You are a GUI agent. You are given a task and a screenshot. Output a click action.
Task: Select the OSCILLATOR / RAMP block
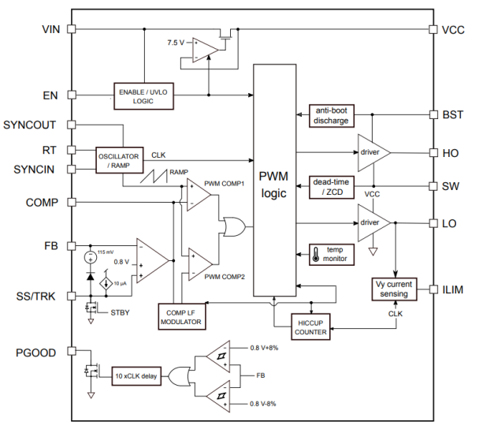(119, 160)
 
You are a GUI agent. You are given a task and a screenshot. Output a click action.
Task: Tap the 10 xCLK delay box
(136, 376)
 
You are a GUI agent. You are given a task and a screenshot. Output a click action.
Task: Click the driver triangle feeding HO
(371, 150)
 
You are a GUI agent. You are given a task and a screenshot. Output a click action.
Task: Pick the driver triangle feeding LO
(371, 222)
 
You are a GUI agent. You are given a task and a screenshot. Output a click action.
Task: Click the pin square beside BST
(432, 114)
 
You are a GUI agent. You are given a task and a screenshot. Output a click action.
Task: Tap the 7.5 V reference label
(176, 42)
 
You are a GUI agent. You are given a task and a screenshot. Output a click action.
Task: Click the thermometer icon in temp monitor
(316, 253)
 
